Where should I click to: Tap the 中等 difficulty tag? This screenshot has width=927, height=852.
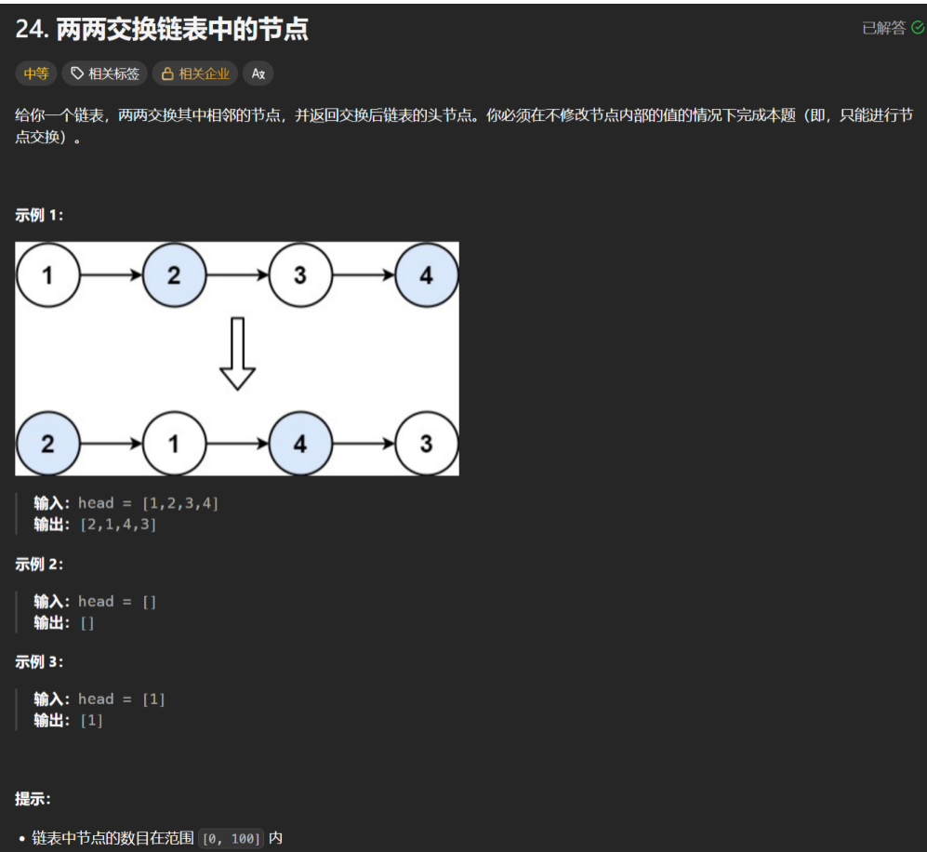(36, 73)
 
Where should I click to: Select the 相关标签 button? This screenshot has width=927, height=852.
(105, 73)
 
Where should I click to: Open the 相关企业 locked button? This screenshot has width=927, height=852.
(195, 73)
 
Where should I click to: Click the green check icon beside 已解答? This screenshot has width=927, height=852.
(918, 28)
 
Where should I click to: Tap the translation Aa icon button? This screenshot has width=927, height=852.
(258, 73)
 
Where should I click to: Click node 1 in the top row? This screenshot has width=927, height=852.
(47, 275)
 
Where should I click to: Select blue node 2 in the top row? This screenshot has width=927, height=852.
(174, 275)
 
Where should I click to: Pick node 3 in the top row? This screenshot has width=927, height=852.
(299, 275)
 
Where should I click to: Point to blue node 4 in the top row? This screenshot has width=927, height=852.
(426, 275)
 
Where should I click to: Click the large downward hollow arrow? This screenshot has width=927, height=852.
(237, 353)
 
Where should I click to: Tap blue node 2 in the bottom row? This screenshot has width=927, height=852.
(47, 444)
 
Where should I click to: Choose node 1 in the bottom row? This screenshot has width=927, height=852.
(174, 444)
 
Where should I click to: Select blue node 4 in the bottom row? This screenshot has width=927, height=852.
(299, 444)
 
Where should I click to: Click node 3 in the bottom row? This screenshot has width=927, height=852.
(426, 444)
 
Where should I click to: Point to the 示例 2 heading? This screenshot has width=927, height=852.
(39, 564)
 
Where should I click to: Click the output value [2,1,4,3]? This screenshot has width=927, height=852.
(117, 525)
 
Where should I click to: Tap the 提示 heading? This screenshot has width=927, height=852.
(33, 799)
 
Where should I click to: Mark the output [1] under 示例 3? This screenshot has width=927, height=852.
(91, 721)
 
